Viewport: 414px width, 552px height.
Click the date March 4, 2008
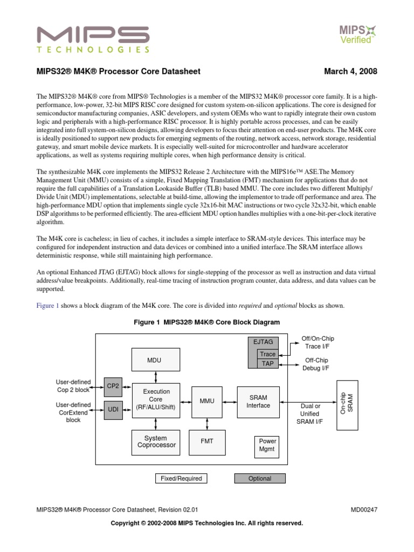pos(350,72)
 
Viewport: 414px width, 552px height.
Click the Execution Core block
pos(156,399)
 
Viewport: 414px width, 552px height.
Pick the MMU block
pos(207,401)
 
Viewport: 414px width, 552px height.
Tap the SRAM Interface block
pos(258,401)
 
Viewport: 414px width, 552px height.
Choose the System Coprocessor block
pos(156,442)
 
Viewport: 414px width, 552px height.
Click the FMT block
pos(207,441)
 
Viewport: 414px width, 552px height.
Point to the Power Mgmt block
pos(268,445)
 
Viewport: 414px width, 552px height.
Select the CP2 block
pos(113,386)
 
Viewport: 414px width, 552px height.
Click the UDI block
pos(113,410)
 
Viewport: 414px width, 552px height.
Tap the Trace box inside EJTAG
pos(267,354)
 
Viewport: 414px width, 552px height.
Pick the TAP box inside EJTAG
pos(267,363)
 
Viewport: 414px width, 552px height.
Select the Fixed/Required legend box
pos(181,478)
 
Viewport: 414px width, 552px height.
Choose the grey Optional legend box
pos(260,478)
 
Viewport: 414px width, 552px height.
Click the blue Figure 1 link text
pos(47,306)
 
